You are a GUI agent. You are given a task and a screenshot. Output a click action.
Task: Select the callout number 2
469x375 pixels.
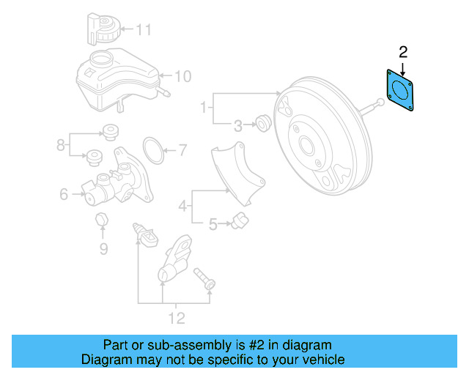click(x=402, y=51)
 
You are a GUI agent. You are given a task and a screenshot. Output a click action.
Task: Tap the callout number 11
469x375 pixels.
click(x=144, y=30)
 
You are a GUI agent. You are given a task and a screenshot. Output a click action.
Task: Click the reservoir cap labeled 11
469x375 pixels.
click(x=102, y=29)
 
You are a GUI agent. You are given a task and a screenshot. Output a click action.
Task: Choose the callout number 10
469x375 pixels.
click(x=182, y=75)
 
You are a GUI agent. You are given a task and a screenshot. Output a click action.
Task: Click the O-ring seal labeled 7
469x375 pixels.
click(x=152, y=150)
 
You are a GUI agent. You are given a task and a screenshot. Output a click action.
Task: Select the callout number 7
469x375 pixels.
click(x=182, y=152)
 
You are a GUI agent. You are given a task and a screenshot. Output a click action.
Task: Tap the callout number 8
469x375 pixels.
click(x=62, y=146)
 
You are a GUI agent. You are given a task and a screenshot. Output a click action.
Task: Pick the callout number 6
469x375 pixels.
click(x=64, y=195)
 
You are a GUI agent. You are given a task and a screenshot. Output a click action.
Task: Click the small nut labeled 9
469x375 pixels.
click(x=103, y=220)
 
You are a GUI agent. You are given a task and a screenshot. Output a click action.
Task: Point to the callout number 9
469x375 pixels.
click(x=103, y=249)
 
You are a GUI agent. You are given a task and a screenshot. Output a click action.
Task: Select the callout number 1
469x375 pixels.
click(x=204, y=108)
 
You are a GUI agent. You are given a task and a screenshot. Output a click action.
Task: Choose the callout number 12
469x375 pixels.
click(x=176, y=319)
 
